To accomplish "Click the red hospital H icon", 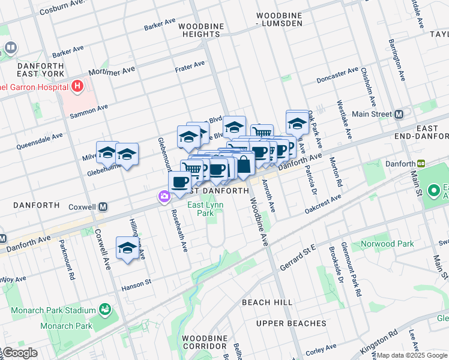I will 77,87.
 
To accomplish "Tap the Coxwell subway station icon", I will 103,206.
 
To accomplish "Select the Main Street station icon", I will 398,114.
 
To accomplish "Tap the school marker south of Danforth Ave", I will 127,248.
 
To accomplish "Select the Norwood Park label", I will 387,244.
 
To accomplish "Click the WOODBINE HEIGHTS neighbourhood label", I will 201,31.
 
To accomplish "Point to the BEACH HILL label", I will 267,302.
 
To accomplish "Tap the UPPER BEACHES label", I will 291,323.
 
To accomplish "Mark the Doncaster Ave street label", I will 337,76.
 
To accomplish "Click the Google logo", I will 19,353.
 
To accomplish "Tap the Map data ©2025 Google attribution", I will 412,355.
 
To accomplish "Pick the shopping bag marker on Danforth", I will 244,164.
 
